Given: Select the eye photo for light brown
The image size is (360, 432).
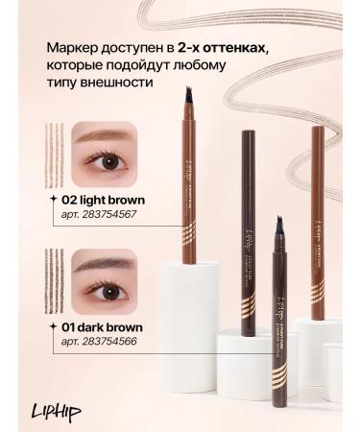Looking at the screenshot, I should pos(104,154).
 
